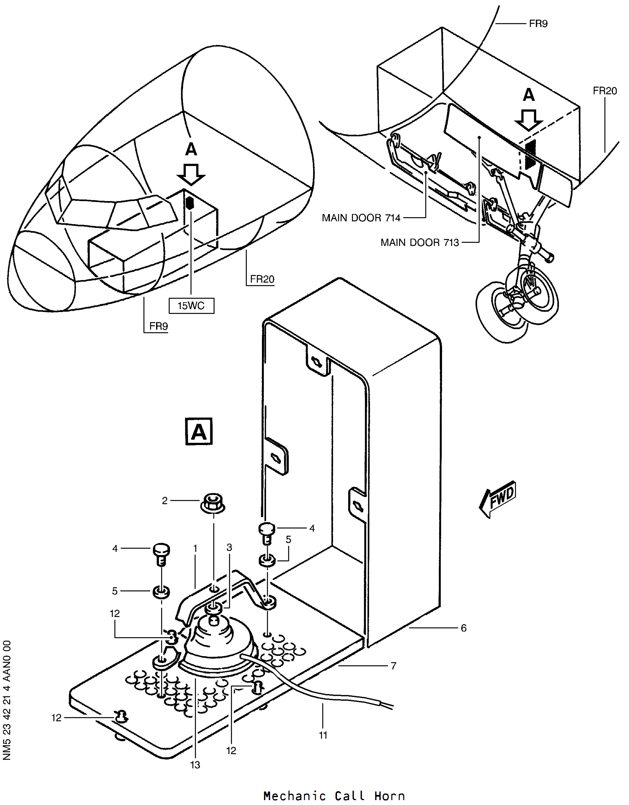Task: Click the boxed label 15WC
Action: tap(191, 306)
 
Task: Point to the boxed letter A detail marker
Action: tap(199, 431)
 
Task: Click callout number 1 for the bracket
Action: tap(195, 549)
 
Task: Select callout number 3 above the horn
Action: tap(229, 548)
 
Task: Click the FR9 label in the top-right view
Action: tap(538, 24)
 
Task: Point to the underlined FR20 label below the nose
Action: tap(262, 279)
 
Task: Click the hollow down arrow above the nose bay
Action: tap(191, 174)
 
